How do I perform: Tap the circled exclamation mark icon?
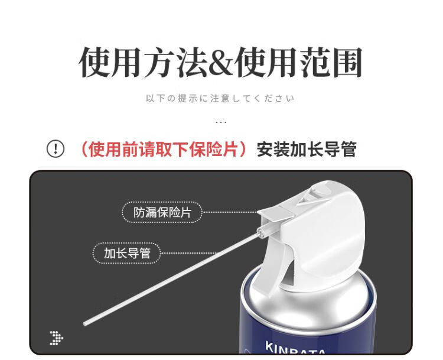click(x=56, y=148)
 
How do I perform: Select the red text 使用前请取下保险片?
click(x=163, y=149)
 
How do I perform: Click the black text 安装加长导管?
click(x=306, y=149)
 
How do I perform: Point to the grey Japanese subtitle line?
click(x=220, y=98)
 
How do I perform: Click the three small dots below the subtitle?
click(x=221, y=122)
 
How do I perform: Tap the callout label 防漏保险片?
click(x=162, y=212)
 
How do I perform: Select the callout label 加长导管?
click(x=127, y=253)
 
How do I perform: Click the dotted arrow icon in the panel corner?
click(x=57, y=338)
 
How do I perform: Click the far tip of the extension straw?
click(x=84, y=324)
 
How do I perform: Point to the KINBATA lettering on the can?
click(x=295, y=348)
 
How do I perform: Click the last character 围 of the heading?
click(x=347, y=63)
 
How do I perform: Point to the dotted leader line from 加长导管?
click(x=189, y=253)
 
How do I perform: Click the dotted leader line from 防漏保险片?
click(x=230, y=212)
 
